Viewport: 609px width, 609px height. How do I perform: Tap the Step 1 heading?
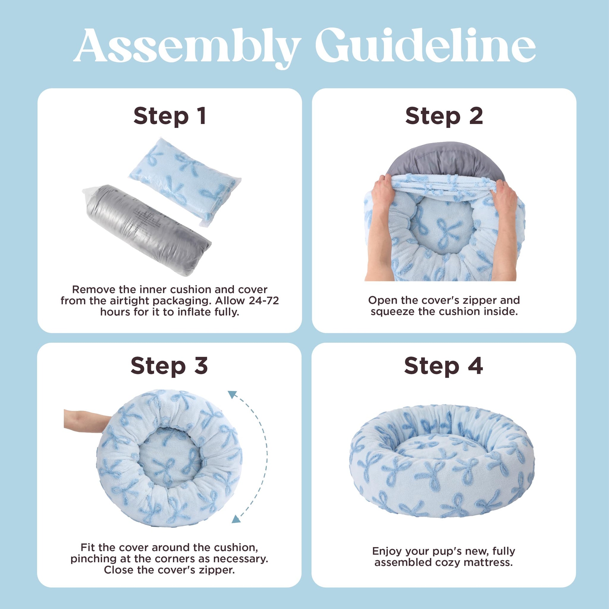[170, 116]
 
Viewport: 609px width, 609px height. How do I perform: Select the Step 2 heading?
[444, 116]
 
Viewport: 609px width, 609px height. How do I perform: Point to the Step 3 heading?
[169, 366]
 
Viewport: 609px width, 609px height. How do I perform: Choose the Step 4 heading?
[443, 366]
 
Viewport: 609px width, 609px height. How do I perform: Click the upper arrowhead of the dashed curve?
[233, 394]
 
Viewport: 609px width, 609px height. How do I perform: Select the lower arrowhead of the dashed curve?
[236, 519]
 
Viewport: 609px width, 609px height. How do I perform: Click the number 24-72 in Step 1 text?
[263, 301]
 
